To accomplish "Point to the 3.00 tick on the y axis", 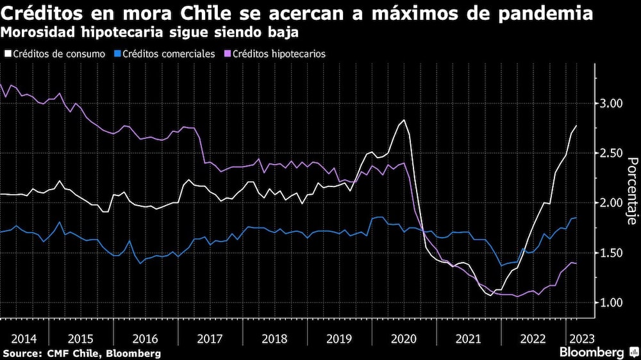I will tap(614, 103).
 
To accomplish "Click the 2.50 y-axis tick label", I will tap(614, 153).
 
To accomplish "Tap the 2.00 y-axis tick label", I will tap(614, 202).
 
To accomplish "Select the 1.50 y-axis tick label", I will tap(614, 252).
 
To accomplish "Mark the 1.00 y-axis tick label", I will tap(614, 302).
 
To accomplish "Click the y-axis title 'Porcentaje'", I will tap(631, 191).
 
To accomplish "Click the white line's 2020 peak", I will tap(403, 120).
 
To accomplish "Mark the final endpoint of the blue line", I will tap(576, 218).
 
